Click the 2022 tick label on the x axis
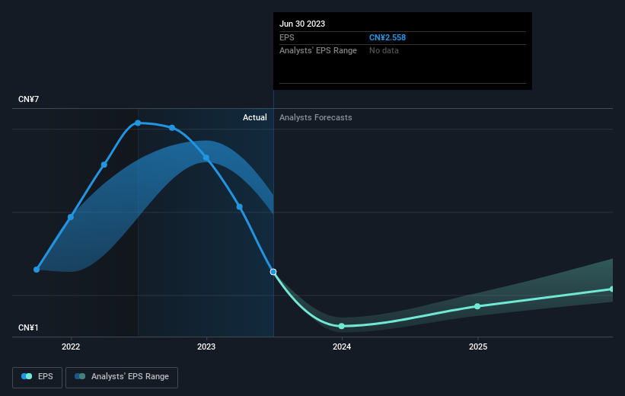71,346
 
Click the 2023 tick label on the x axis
206,346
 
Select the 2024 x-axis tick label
342,346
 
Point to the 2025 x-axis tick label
478,346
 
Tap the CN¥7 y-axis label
28,99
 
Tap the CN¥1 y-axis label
28,327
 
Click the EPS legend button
37,377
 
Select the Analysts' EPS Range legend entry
122,377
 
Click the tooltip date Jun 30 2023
302,24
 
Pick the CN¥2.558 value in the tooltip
387,37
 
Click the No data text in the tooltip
384,51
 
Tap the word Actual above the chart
255,117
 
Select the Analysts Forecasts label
316,117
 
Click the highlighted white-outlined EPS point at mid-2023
273,272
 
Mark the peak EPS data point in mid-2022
138,123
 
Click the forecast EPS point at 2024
342,326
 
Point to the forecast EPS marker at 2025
477,306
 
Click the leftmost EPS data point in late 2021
37,270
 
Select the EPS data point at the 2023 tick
206,158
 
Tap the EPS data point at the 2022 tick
71,217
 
